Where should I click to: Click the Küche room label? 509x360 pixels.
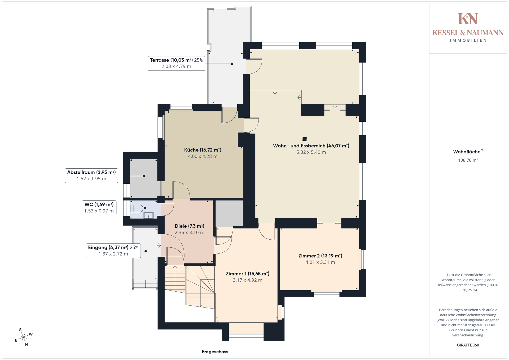coord(203,153)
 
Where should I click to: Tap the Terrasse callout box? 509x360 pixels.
coord(176,63)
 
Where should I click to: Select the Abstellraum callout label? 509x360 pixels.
coord(91,175)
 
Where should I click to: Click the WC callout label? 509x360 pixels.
coord(99,208)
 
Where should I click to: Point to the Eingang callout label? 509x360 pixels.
coord(113,251)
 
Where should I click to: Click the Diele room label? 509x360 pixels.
coord(190,229)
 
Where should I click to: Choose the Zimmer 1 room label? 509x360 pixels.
coord(248,277)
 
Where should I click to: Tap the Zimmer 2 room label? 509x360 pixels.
coord(320,259)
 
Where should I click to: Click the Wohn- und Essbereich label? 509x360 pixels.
coord(311,149)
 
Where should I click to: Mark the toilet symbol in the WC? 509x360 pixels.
coord(137,208)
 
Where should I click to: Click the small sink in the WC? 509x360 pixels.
coord(148,216)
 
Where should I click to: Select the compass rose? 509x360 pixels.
coord(24,337)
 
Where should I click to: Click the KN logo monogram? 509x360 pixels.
coord(468,19)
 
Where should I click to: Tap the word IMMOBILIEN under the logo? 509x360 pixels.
coord(468,40)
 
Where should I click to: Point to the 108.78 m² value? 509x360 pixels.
coord(468,160)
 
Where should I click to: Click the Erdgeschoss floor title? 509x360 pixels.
coord(215,352)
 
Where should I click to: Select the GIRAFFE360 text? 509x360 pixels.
coord(468,345)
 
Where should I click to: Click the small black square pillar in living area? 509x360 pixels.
coord(305,139)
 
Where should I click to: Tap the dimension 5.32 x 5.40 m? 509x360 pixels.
coord(311,152)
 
